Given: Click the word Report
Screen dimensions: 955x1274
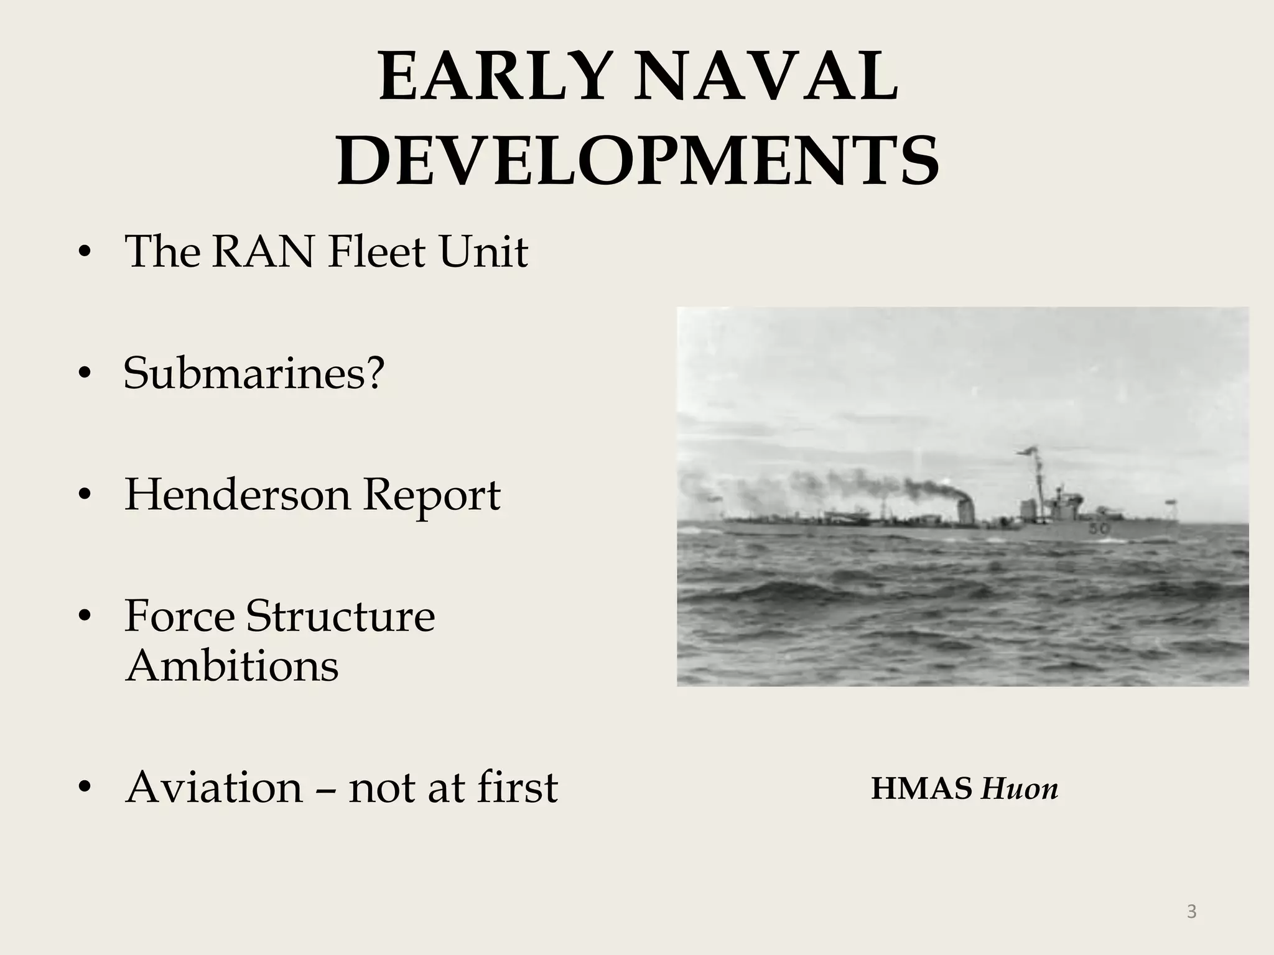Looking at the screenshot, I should tap(431, 495).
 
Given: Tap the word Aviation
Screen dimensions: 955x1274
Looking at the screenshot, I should tap(214, 787).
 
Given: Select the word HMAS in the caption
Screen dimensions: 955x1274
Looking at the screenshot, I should tap(921, 789).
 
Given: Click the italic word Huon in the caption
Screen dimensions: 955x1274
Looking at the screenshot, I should tap(1020, 789).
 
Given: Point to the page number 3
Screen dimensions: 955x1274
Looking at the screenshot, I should tap(1191, 911).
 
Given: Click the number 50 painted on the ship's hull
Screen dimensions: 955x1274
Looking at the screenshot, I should tap(1099, 528).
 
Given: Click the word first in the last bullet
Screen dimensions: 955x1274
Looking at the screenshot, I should tap(518, 787).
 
